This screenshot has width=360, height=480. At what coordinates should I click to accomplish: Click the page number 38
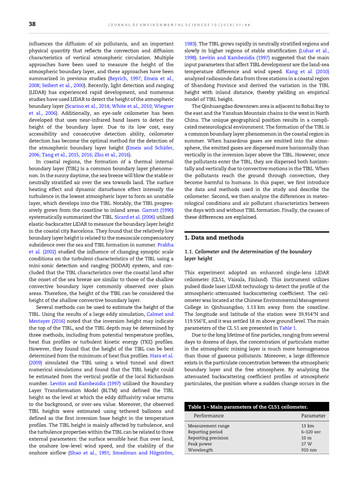[32, 24]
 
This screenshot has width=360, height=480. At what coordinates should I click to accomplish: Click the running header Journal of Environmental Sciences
[179, 25]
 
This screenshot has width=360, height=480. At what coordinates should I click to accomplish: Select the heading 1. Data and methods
[214, 238]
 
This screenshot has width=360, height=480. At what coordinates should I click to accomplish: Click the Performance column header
[209, 416]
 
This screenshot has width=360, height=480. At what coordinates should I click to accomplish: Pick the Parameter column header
[313, 416]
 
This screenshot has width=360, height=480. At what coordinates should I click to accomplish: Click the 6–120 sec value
[311, 432]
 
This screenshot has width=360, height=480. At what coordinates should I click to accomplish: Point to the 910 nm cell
[309, 450]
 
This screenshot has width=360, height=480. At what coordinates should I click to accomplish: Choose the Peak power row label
[200, 444]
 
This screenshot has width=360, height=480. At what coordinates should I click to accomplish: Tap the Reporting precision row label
[208, 438]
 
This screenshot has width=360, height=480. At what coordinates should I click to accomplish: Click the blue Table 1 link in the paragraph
[288, 328]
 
